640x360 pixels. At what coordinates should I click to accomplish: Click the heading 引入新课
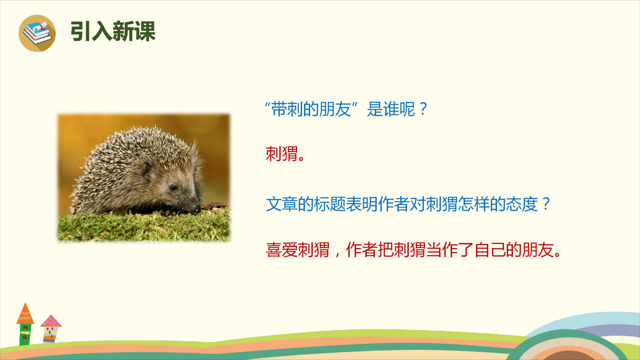coord(113,31)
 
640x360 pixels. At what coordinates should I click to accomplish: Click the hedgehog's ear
coord(147,168)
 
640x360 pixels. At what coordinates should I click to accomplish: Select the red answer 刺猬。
coord(285,154)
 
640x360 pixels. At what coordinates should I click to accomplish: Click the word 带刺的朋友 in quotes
coord(311,109)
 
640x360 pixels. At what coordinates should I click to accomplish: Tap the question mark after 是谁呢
coord(423,109)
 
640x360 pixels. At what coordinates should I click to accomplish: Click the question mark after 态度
coord(546,204)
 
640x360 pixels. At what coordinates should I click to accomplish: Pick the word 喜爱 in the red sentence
coord(282,250)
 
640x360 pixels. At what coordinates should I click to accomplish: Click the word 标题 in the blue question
coord(330,204)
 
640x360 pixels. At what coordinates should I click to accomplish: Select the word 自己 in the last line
coord(490,250)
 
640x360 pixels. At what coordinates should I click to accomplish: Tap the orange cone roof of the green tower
coord(25,313)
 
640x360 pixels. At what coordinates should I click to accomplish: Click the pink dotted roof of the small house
coord(51,321)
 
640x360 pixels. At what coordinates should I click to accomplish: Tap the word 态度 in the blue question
coord(522,204)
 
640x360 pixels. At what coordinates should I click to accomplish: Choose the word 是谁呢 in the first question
coord(391,109)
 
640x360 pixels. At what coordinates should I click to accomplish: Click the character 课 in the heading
coord(145,31)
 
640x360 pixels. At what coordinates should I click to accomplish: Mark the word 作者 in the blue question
coord(394,204)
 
